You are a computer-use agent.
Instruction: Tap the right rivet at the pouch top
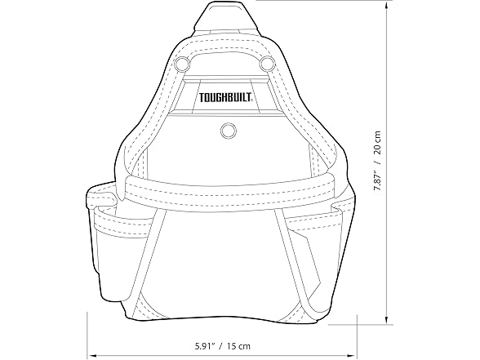pyautogui.click(x=265, y=63)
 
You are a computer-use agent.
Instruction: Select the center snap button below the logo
pyautogui.click(x=227, y=129)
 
